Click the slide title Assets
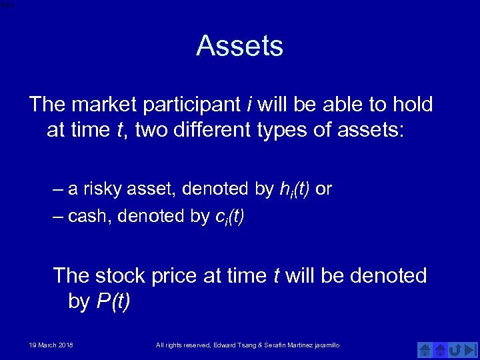point(239,46)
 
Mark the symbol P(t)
point(113,301)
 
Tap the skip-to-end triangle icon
point(471,349)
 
